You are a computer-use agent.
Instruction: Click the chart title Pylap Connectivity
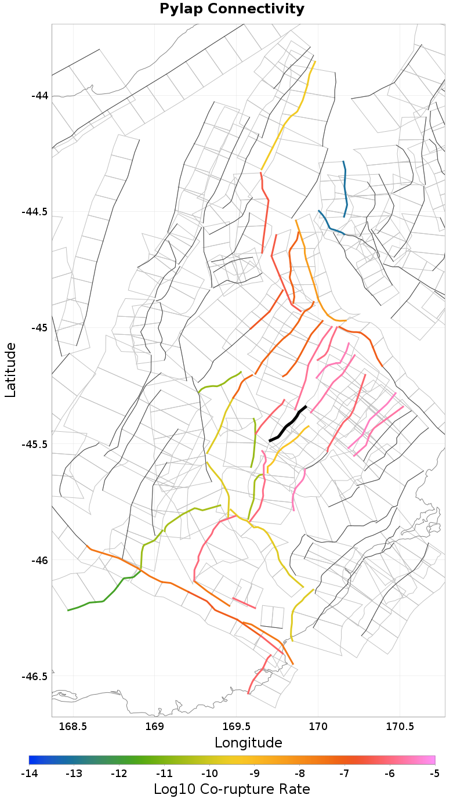232,9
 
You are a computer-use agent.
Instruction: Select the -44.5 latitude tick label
35,211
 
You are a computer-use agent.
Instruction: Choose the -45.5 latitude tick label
35,444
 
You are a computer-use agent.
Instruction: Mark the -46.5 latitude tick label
35,677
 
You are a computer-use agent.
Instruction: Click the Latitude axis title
10,370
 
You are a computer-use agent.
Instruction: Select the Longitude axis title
248,743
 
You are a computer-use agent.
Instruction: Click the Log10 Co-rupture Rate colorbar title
232,789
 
